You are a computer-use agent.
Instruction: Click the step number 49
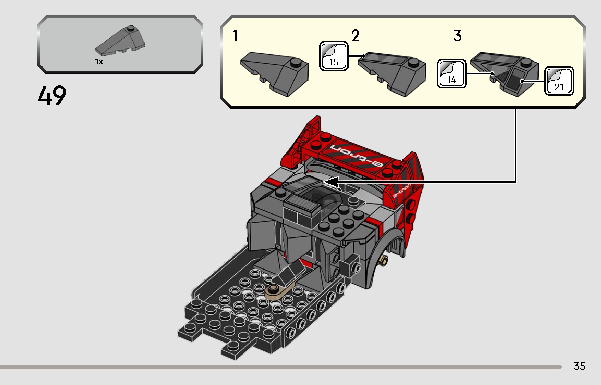click(52, 95)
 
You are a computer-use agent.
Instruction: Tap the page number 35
click(579, 366)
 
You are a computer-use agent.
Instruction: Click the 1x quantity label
click(99, 62)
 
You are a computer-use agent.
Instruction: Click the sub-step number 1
click(235, 36)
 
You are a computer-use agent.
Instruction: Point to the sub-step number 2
click(355, 36)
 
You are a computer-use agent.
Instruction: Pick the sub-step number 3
click(457, 36)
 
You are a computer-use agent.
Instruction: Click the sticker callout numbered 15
click(334, 56)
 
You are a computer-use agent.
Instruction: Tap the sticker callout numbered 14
click(452, 74)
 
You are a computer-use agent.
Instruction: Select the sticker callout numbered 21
click(559, 81)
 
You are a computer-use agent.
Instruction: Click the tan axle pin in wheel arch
click(384, 260)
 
